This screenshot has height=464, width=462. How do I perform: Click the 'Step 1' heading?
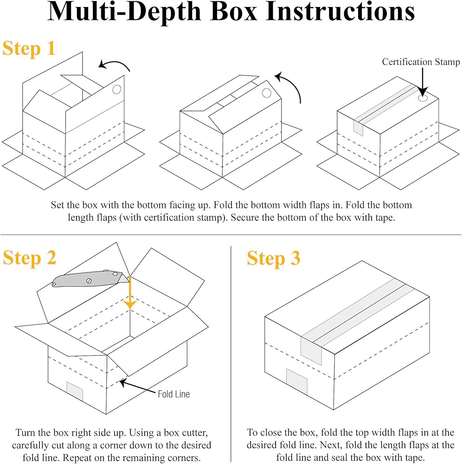pyautogui.click(x=29, y=48)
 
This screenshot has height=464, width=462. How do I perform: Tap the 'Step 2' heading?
pyautogui.click(x=29, y=258)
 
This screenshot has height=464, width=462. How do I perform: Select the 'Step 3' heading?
pyautogui.click(x=274, y=258)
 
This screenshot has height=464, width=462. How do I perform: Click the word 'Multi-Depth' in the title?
pyautogui.click(x=124, y=12)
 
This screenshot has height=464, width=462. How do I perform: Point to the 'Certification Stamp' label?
pyautogui.click(x=421, y=62)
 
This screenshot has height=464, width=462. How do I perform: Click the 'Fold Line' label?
pyautogui.click(x=173, y=394)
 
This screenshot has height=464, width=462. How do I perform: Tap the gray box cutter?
pyautogui.click(x=90, y=279)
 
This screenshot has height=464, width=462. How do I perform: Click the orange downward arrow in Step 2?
pyautogui.click(x=130, y=292)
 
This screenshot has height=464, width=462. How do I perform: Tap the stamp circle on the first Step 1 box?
pyautogui.click(x=117, y=89)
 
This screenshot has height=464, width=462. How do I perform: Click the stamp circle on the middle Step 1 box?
pyautogui.click(x=267, y=93)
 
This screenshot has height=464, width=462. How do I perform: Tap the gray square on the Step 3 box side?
pyautogui.click(x=297, y=382)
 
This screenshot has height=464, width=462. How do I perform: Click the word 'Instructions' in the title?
pyautogui.click(x=340, y=12)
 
